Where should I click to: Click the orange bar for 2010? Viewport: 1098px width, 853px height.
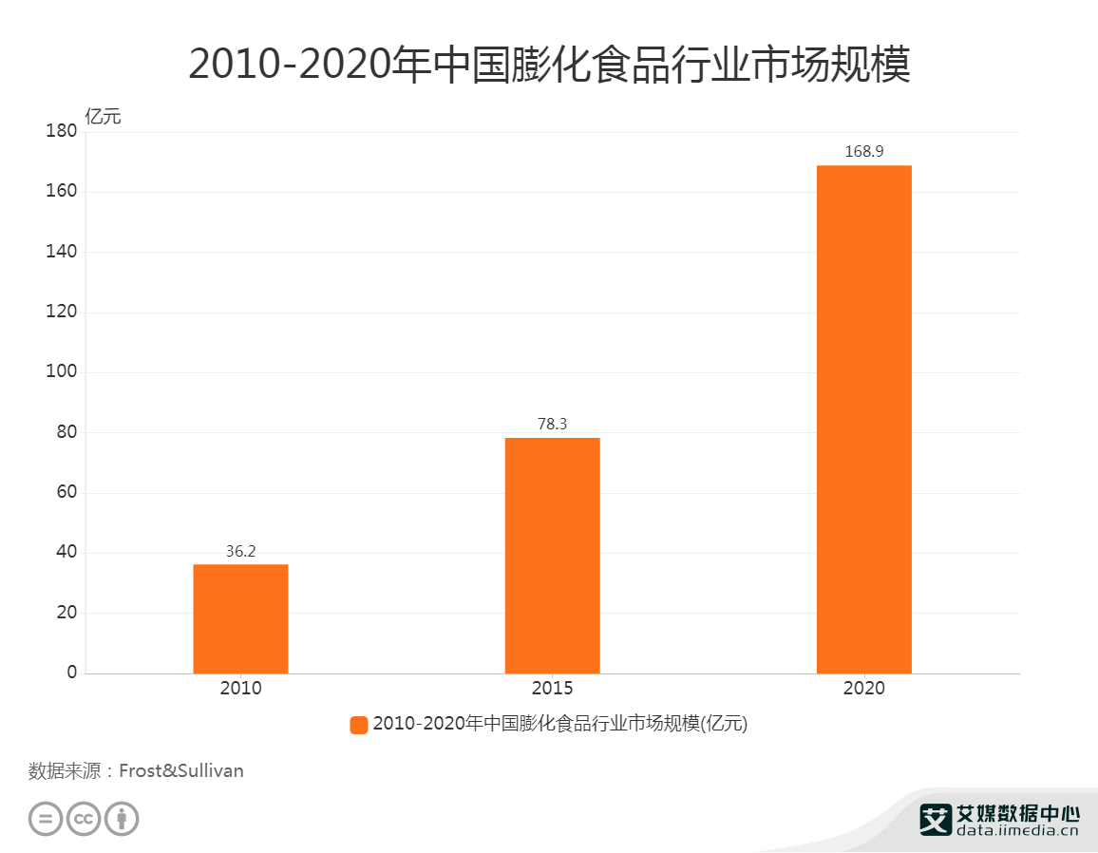tap(240, 618)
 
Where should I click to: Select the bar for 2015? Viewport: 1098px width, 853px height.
tap(552, 556)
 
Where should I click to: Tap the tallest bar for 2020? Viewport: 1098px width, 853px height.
tap(863, 419)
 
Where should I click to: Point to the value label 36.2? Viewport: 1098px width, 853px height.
tap(240, 551)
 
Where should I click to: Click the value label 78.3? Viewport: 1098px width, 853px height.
tap(552, 424)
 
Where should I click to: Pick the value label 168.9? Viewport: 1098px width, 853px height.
tap(863, 151)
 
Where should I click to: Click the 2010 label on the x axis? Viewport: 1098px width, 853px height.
tap(240, 689)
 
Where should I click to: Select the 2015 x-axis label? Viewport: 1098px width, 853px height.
tap(552, 689)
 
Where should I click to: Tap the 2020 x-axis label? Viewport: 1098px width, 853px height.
tap(863, 689)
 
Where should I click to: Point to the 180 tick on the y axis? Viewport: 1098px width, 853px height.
tap(61, 132)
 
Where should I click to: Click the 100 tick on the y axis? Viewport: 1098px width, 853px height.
tap(61, 372)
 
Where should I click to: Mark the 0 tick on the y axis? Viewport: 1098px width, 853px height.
tap(71, 673)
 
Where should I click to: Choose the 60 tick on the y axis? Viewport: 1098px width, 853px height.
tap(66, 492)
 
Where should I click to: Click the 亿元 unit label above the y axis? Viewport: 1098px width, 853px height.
tap(104, 118)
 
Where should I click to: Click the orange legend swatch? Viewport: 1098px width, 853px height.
tap(359, 725)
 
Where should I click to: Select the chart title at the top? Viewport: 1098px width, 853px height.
tap(549, 65)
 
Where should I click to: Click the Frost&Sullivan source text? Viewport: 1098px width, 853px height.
tap(181, 770)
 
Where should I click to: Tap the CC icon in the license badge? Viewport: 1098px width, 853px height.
tap(84, 819)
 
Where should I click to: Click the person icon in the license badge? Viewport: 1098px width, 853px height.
tap(122, 819)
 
